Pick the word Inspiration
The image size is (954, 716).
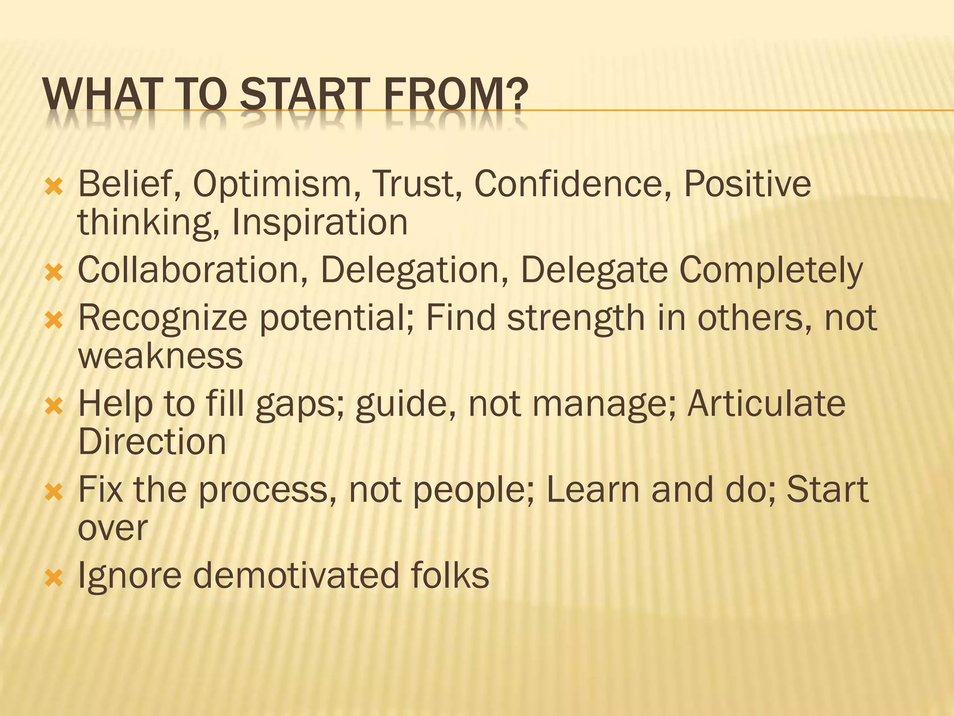point(320,222)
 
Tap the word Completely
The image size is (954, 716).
point(771,271)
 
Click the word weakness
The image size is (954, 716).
point(160,356)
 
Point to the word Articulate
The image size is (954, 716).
point(766,404)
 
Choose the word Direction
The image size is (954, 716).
point(152,441)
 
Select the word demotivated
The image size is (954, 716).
point(296,575)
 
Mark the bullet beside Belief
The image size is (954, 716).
point(54,187)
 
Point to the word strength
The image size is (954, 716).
point(576,319)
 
